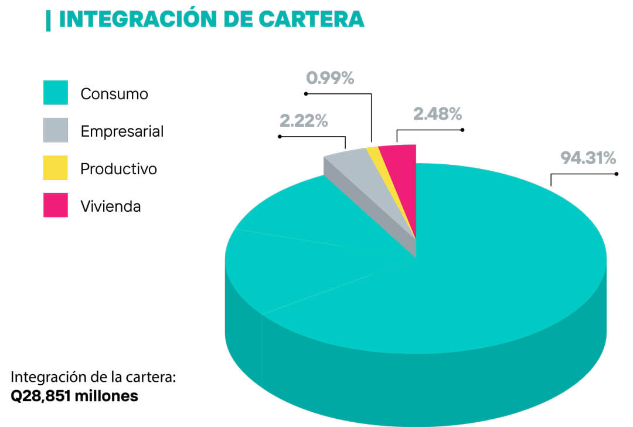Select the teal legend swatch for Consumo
(56, 93)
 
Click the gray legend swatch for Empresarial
(56, 130)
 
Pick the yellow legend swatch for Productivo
(56, 168)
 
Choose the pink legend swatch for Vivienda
(56, 205)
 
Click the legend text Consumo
(114, 94)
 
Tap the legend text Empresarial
(122, 131)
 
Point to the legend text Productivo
(118, 169)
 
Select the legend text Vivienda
(110, 206)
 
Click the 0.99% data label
(331, 78)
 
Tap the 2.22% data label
(304, 121)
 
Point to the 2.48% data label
(437, 114)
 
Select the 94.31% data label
(588, 158)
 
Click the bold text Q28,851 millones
(74, 396)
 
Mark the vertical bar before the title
(48, 19)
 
